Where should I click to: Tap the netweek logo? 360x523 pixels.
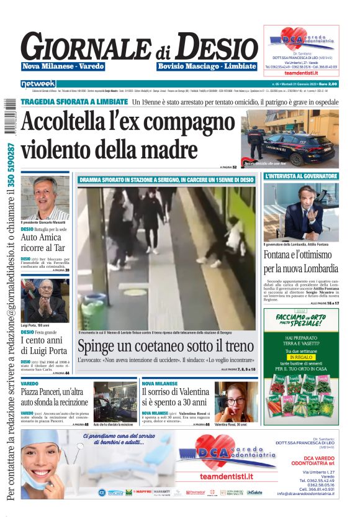coord(38,83)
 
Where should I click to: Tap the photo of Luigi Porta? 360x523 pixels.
coord(45,301)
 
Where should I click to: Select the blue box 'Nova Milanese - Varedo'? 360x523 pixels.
coord(63,66)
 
